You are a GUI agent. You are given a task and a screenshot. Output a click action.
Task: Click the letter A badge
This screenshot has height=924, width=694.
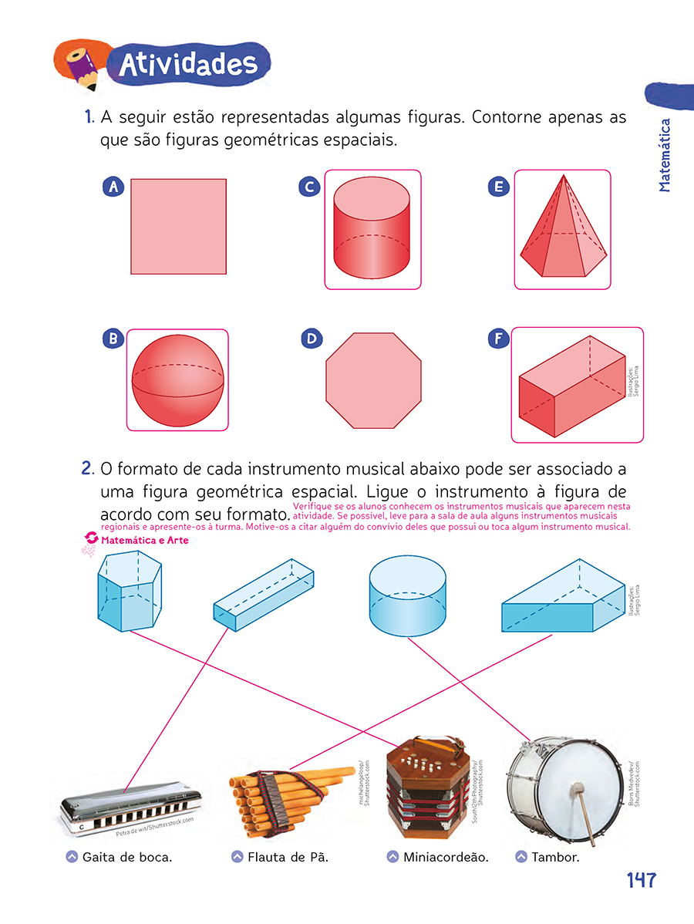pyautogui.click(x=113, y=187)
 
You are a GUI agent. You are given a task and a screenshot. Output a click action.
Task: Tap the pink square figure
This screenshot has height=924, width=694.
pyautogui.click(x=178, y=227)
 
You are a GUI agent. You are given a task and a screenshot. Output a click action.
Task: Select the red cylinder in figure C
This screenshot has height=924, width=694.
pyautogui.click(x=372, y=230)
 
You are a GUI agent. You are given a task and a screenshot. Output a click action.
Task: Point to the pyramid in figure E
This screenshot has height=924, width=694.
pyautogui.click(x=562, y=231)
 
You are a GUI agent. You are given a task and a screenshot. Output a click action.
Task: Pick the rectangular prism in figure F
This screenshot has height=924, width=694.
pyautogui.click(x=571, y=386)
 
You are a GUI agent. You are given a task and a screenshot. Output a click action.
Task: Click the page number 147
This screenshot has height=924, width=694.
pyautogui.click(x=641, y=880)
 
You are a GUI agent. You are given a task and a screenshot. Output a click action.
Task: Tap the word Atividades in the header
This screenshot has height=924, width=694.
pyautogui.click(x=188, y=65)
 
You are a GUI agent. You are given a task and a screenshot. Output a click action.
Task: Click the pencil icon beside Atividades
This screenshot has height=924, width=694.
pyautogui.click(x=80, y=66)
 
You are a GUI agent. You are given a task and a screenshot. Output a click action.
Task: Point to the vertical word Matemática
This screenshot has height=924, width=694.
pyautogui.click(x=665, y=154)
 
